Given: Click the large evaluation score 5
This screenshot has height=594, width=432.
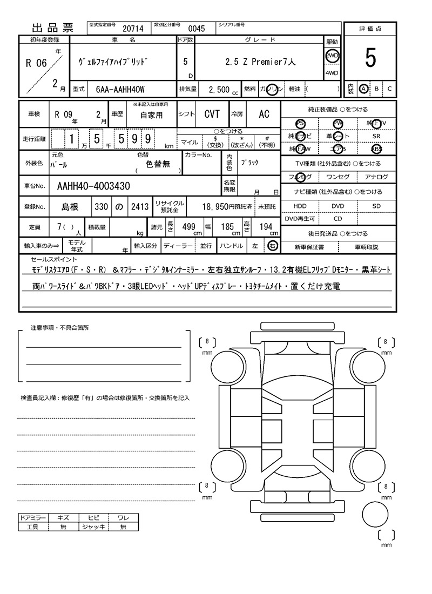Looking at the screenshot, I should [x=370, y=58].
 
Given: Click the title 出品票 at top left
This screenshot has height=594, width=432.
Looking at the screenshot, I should [x=52, y=28].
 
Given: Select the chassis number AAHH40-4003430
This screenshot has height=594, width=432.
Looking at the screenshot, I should [x=93, y=186].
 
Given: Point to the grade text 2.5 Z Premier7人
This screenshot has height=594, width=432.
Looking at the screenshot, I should [x=260, y=62].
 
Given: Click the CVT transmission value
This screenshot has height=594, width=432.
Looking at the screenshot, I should [x=212, y=114].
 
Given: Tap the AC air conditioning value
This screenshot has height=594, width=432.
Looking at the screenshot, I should [x=264, y=114].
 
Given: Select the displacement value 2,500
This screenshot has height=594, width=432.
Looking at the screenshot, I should [x=219, y=89].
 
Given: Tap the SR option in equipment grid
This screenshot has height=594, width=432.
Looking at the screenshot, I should [x=376, y=137].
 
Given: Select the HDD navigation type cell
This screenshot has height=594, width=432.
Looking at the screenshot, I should [x=300, y=206].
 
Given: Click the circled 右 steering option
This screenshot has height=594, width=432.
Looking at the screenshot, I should [x=273, y=246].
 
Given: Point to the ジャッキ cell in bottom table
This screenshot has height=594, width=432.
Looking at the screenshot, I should [x=93, y=526].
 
